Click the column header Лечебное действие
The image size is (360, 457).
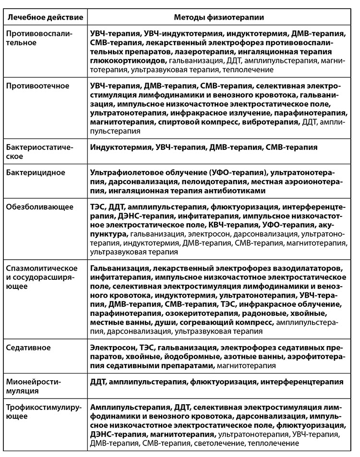(44, 17)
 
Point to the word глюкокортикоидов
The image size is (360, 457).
(129, 61)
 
